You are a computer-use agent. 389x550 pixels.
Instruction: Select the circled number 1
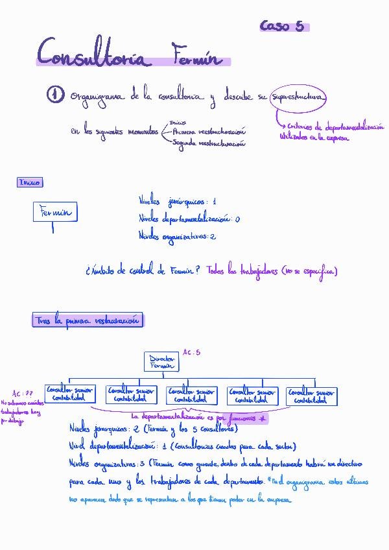coord(55,96)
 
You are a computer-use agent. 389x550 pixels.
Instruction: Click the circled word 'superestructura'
coord(298,97)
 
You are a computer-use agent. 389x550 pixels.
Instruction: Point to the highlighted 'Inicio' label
coord(30,182)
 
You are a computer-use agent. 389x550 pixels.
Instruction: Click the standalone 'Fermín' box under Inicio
coord(54,212)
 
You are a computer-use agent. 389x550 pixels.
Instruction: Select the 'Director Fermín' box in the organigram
coord(161,362)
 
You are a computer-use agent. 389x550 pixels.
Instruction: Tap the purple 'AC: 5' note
coord(191,352)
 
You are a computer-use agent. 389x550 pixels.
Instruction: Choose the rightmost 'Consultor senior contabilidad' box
coord(311,396)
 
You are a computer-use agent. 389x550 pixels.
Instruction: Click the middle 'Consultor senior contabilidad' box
coord(191,395)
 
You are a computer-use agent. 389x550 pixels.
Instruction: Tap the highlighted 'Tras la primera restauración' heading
coord(88,320)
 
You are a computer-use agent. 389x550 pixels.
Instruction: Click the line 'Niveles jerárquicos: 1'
coord(177,202)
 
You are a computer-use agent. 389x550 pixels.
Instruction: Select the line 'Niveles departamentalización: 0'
coord(189,219)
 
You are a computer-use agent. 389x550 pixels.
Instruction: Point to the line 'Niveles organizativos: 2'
coord(177,236)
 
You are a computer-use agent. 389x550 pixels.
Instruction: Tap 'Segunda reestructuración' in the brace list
coord(209,144)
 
